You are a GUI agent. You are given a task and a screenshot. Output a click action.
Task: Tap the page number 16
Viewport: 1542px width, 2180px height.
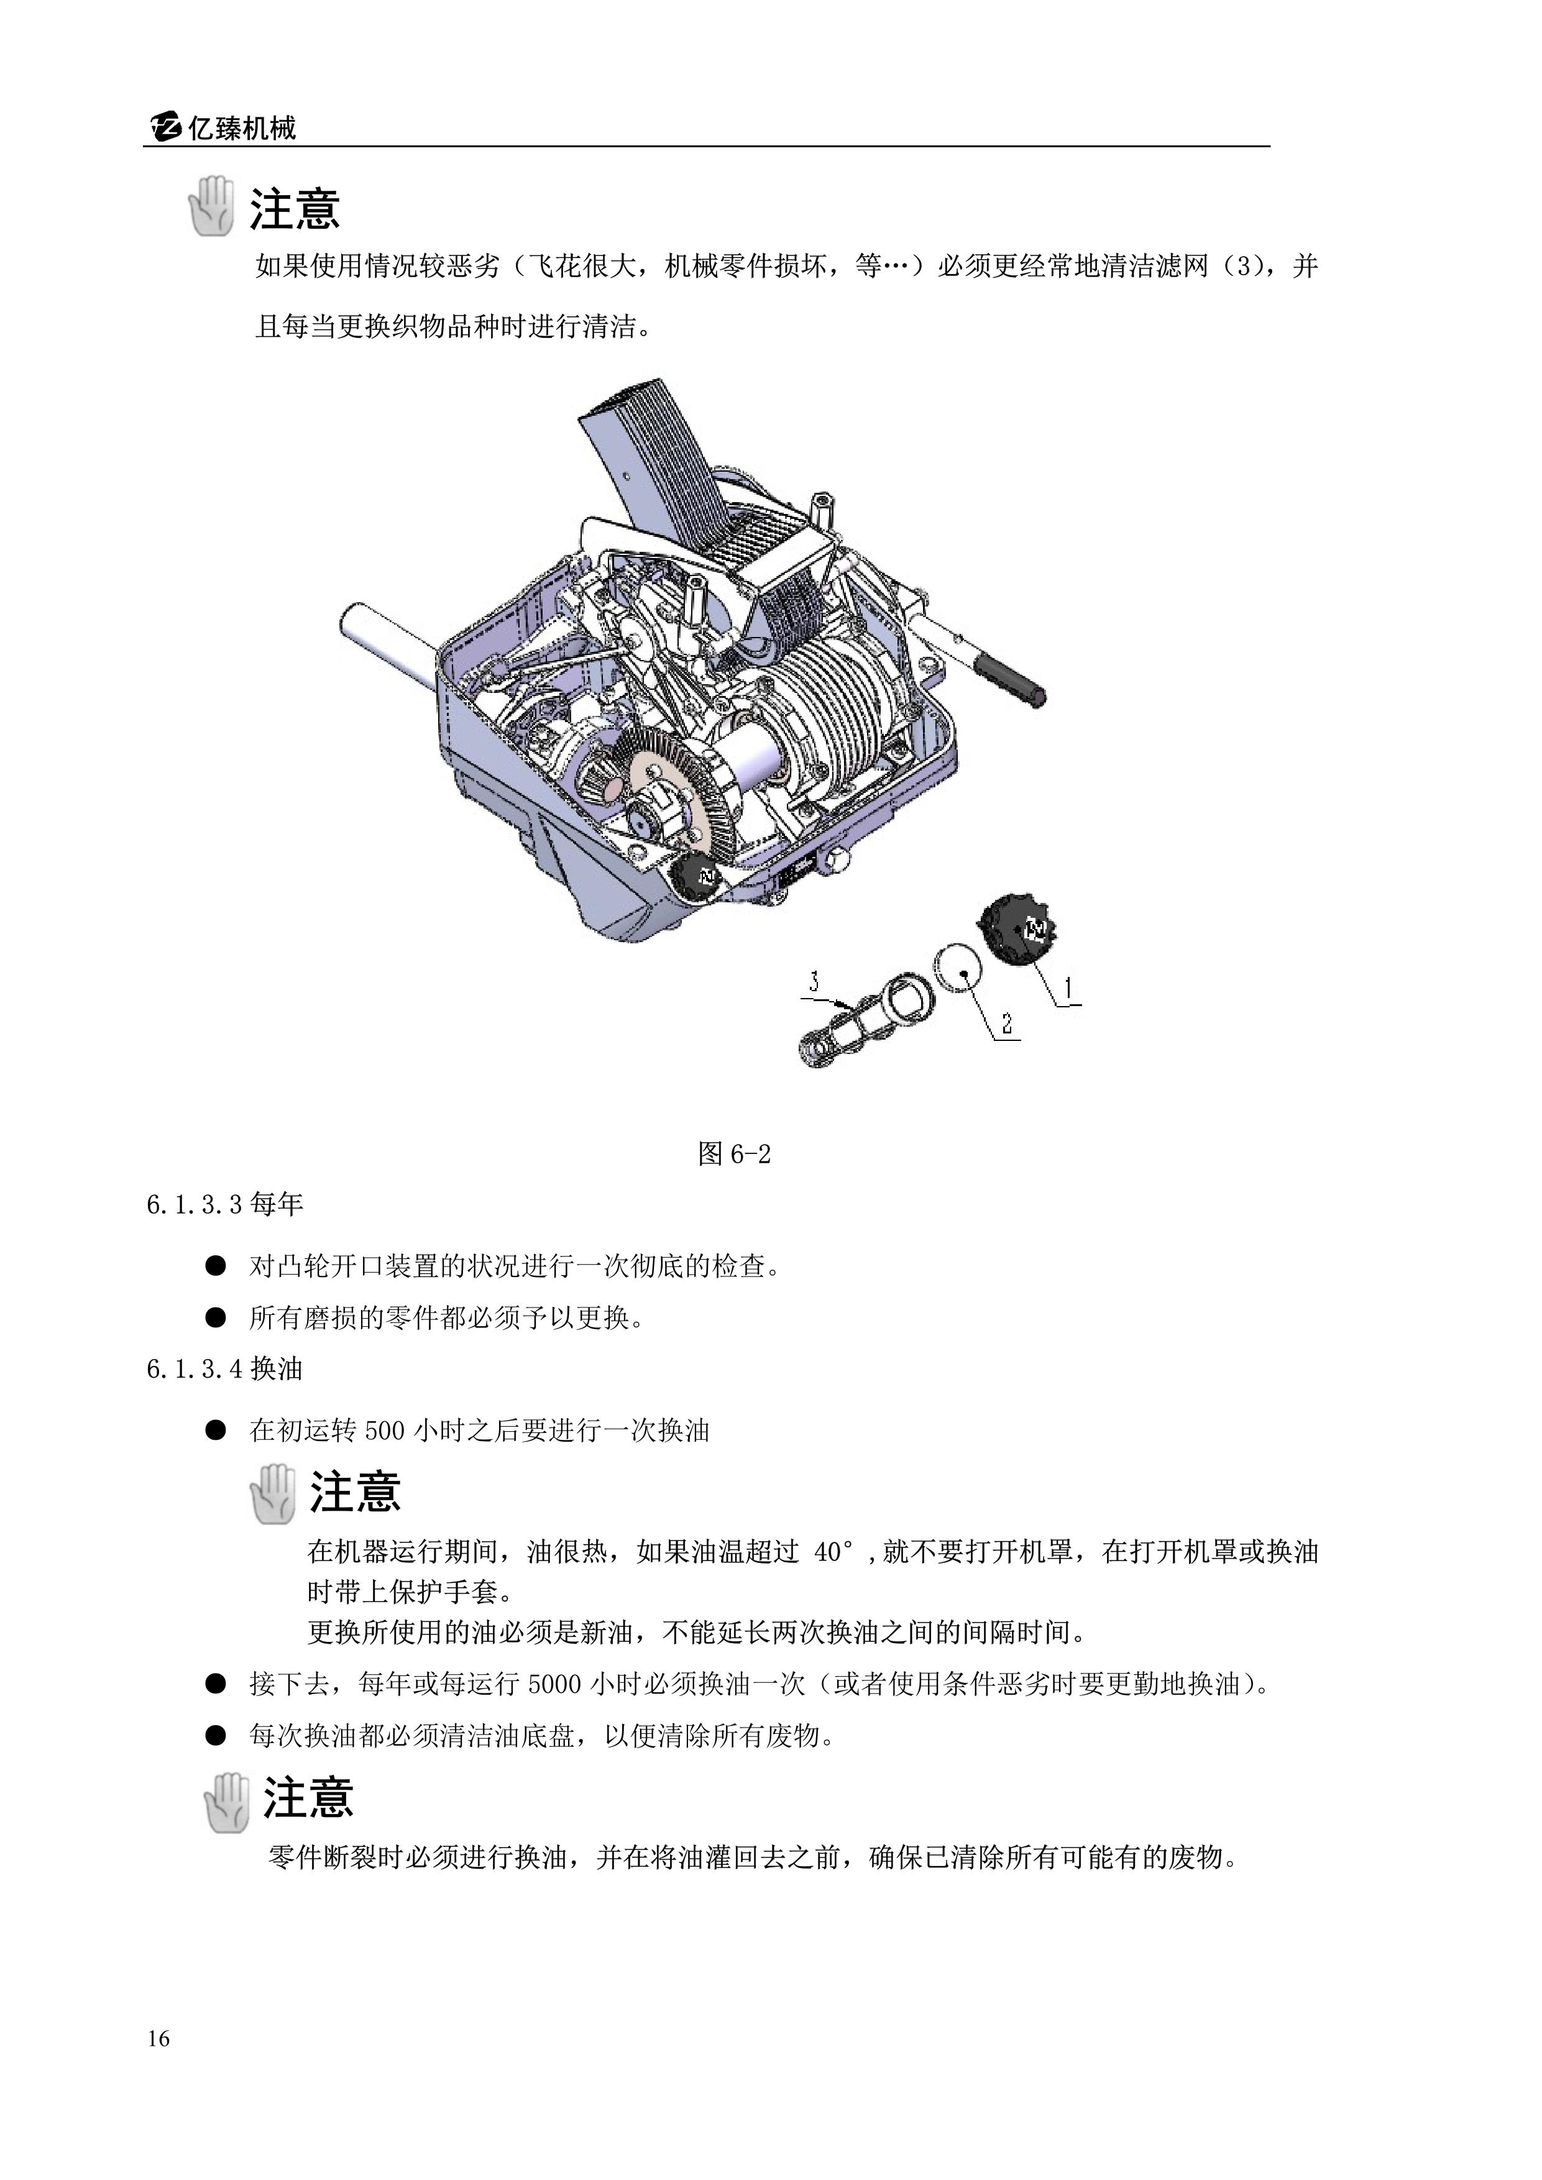click(158, 2038)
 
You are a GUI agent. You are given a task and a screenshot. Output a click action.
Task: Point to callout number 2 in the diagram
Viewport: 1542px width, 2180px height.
click(1006, 1024)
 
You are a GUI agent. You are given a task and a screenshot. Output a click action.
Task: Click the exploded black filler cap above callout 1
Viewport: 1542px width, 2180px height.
click(1017, 930)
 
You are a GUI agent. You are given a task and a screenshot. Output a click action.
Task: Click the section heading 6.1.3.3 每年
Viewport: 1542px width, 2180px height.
click(225, 1205)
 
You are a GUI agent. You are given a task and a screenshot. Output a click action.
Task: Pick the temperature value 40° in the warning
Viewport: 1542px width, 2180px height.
click(833, 1552)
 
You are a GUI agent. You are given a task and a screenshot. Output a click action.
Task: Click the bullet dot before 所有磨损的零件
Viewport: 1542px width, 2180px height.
click(216, 1317)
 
